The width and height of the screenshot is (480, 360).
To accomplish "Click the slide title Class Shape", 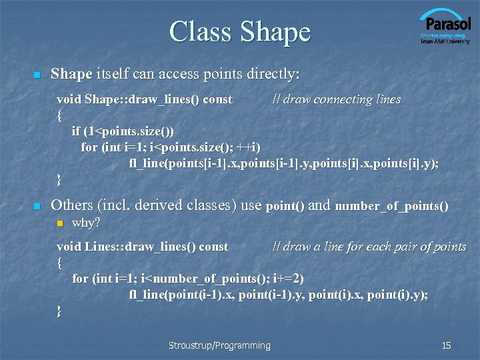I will [x=239, y=31].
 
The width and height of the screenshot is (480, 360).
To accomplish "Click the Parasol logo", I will [x=445, y=27].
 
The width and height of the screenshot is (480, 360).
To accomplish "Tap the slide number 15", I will [x=446, y=345].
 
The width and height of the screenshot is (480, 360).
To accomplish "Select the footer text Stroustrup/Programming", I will [x=219, y=345].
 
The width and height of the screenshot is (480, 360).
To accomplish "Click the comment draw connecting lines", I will [x=336, y=99].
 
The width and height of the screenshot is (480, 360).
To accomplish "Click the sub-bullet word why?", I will [x=86, y=222].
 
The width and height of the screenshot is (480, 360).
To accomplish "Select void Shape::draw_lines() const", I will [x=145, y=99].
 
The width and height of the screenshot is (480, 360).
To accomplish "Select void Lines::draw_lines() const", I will [x=143, y=247].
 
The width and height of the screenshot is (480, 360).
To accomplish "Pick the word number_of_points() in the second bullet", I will [x=391, y=206].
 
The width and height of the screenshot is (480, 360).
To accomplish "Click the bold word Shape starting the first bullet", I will [x=71, y=73].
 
